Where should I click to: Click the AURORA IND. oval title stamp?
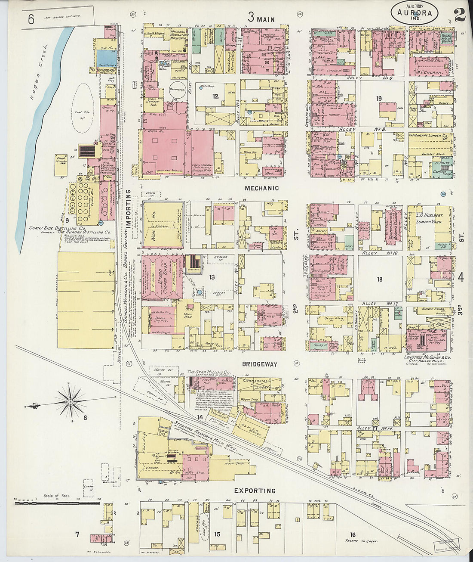pyautogui.click(x=414, y=13)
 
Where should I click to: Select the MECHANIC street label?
pyautogui.click(x=262, y=188)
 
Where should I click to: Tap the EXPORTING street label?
pyautogui.click(x=255, y=491)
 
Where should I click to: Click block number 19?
pyautogui.click(x=379, y=99)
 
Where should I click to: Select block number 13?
pyautogui.click(x=212, y=277)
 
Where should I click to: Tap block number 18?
pyautogui.click(x=379, y=279)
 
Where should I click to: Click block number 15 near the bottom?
pyautogui.click(x=217, y=534)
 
